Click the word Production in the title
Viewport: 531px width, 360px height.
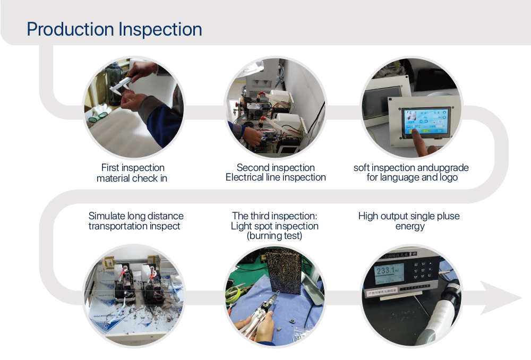click(x=71, y=29)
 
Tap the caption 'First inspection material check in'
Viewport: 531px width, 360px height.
click(x=132, y=173)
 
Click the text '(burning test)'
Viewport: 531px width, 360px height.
click(x=275, y=236)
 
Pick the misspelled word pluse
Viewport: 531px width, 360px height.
click(x=448, y=216)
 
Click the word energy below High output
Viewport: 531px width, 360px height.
click(x=410, y=226)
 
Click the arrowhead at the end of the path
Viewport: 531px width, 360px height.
click(x=501, y=298)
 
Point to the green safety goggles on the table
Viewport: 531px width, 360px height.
click(x=98, y=116)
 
